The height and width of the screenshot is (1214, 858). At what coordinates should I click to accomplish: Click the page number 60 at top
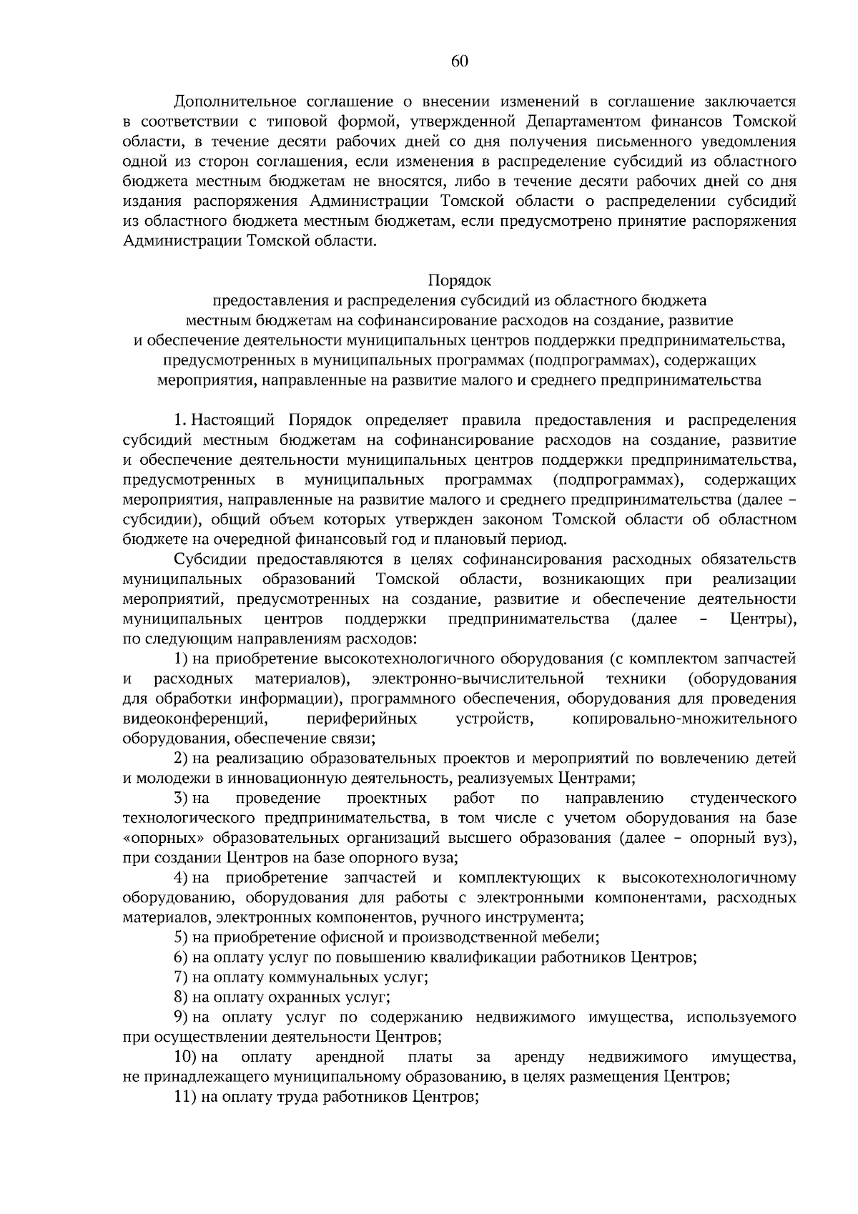(460, 62)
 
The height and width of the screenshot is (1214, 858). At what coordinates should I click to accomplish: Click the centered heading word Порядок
(460, 280)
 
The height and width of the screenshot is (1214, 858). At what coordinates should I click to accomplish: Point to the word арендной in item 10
(350, 1057)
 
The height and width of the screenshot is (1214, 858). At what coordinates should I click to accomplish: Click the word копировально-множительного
(684, 719)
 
